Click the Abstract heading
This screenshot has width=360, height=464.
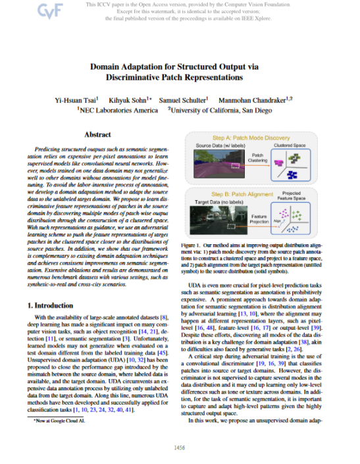(97, 134)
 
